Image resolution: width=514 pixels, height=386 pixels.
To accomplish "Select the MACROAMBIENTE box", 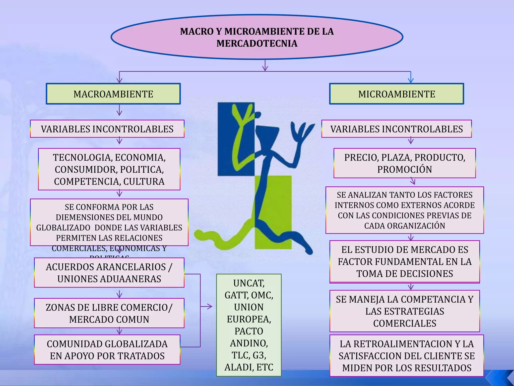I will pyautogui.click(x=113, y=94).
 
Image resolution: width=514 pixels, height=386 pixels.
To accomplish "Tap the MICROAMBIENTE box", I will pyautogui.click(x=397, y=94).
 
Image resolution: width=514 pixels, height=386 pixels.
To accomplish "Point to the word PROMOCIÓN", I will pyautogui.click(x=405, y=170).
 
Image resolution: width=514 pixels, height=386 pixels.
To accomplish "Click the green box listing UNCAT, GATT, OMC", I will pyautogui.click(x=249, y=325).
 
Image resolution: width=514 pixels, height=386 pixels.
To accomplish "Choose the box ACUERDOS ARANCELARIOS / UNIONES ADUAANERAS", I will pyautogui.click(x=109, y=273).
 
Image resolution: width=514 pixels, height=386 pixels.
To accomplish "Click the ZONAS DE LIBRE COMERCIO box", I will pyautogui.click(x=109, y=313).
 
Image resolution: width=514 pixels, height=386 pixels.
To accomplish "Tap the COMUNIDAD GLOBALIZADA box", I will pyautogui.click(x=107, y=350).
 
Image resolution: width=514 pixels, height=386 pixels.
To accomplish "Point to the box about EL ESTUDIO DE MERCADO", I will pyautogui.click(x=405, y=262).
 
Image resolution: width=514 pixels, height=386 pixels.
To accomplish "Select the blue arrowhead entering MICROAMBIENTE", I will pyautogui.click(x=411, y=80).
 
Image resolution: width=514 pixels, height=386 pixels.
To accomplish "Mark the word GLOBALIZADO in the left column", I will pyautogui.click(x=63, y=228).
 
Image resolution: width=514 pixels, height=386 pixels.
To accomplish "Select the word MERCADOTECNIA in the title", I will pyautogui.click(x=257, y=43).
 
